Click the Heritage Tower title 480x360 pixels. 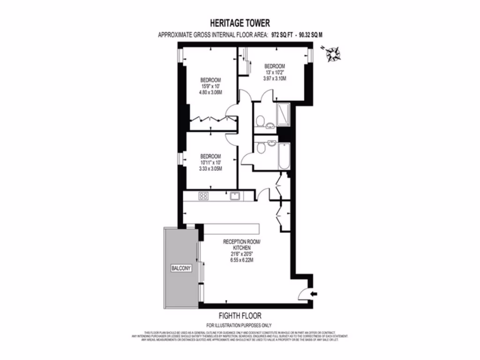[x=239, y=22]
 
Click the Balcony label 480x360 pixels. [x=180, y=268]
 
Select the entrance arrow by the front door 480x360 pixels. [x=314, y=293]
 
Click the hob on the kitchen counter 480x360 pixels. [x=204, y=196]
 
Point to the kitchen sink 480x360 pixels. [x=235, y=196]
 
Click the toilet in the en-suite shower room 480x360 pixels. [x=259, y=122]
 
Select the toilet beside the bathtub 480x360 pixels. [x=261, y=148]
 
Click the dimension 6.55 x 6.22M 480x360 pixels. [x=241, y=260]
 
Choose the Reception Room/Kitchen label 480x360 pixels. [x=241, y=244]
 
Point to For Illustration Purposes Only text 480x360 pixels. [x=239, y=325]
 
